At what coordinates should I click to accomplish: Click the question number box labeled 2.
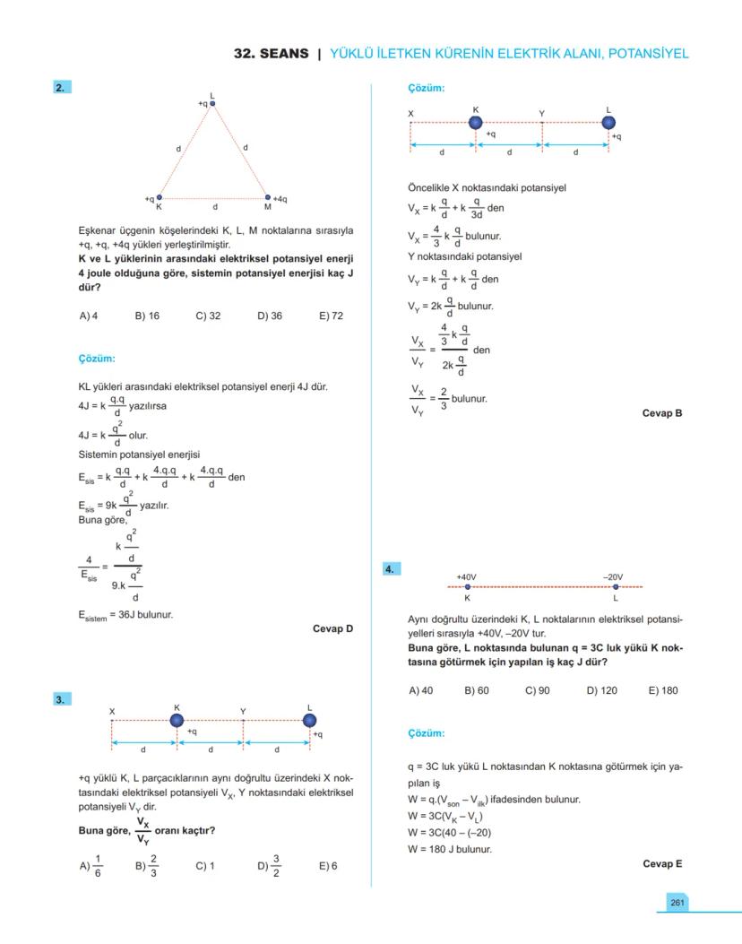(62, 87)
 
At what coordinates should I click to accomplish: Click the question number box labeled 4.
(392, 568)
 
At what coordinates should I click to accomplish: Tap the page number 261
(677, 901)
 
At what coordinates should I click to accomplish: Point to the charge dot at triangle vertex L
(212, 104)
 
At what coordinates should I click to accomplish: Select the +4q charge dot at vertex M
(267, 197)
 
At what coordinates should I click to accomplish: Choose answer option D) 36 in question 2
(270, 316)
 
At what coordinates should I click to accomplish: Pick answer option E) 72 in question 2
(331, 316)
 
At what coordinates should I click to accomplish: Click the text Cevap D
(332, 628)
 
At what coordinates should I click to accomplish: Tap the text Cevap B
(662, 413)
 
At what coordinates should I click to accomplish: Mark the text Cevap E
(662, 863)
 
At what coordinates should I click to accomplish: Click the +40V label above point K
(467, 577)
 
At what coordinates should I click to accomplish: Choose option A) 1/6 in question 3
(91, 867)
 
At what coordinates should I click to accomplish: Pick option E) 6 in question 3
(328, 867)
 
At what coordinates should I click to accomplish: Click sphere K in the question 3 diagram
(177, 721)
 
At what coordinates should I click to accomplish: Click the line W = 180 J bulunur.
(450, 849)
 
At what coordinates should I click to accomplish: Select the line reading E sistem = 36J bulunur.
(125, 615)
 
